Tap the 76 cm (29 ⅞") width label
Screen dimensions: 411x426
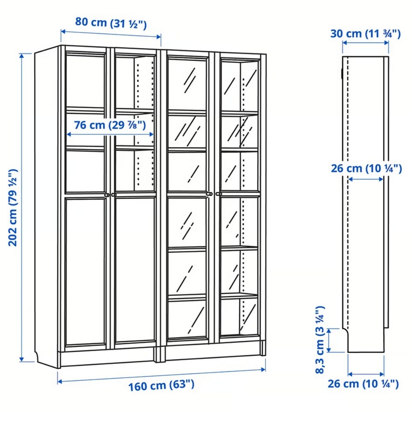pos(110,125)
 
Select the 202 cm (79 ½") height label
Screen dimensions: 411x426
pos(13,208)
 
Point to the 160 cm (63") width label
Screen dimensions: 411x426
pos(161,385)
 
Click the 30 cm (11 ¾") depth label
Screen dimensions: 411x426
pos(365,34)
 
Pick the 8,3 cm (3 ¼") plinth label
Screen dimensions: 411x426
pos(320,340)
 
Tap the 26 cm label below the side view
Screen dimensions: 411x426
pos(363,384)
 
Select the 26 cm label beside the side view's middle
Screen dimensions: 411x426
pos(366,168)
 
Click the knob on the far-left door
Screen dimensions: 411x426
pos(107,195)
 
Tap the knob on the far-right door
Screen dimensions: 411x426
pos(219,194)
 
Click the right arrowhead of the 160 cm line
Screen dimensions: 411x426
pos(263,369)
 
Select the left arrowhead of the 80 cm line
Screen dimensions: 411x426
pos(63,32)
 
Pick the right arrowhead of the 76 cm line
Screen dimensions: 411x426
pos(151,134)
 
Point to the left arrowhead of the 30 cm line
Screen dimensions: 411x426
pos(345,43)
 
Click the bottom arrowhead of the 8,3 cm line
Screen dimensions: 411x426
pos(329,350)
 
